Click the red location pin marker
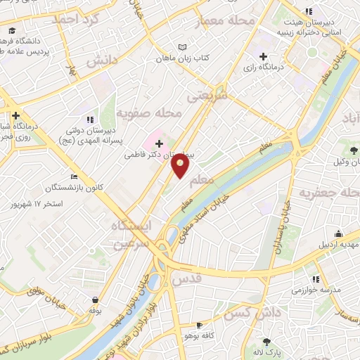181,167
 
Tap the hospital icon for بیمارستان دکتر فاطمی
159,143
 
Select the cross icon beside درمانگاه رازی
263,56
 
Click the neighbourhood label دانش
101,62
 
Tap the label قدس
207,279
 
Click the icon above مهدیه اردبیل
340,234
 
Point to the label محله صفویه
149,112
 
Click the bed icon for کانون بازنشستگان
75,178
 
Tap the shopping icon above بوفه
94,298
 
